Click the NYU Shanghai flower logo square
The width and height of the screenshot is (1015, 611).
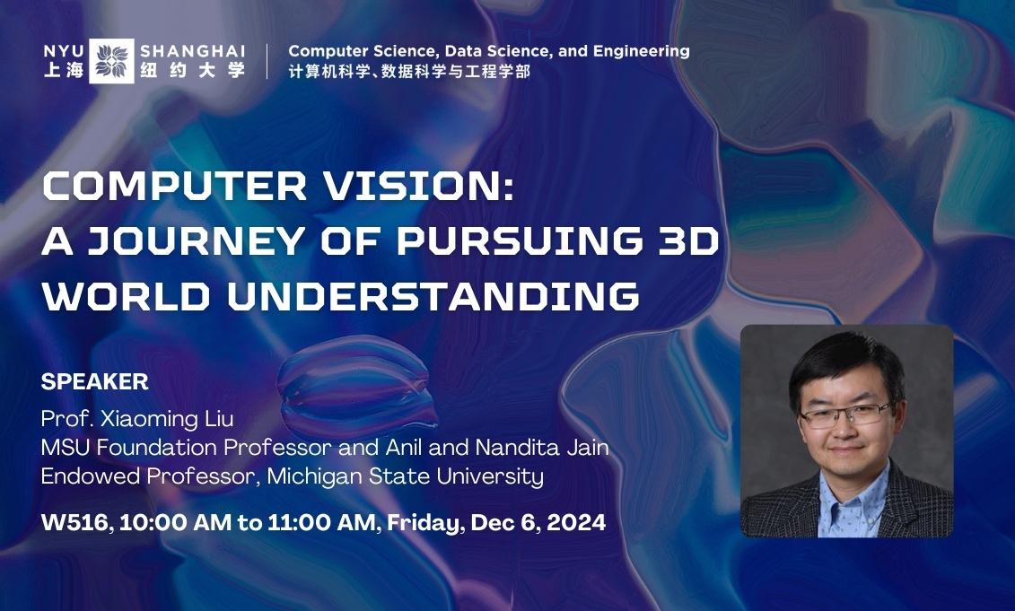coord(112,61)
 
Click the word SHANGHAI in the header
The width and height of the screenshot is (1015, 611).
coord(192,50)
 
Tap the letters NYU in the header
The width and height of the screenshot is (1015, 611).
coord(63,50)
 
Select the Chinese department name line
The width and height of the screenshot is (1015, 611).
coord(409,72)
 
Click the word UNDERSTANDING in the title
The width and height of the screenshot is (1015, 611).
coord(434,295)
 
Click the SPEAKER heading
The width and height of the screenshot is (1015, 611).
coord(94,381)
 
